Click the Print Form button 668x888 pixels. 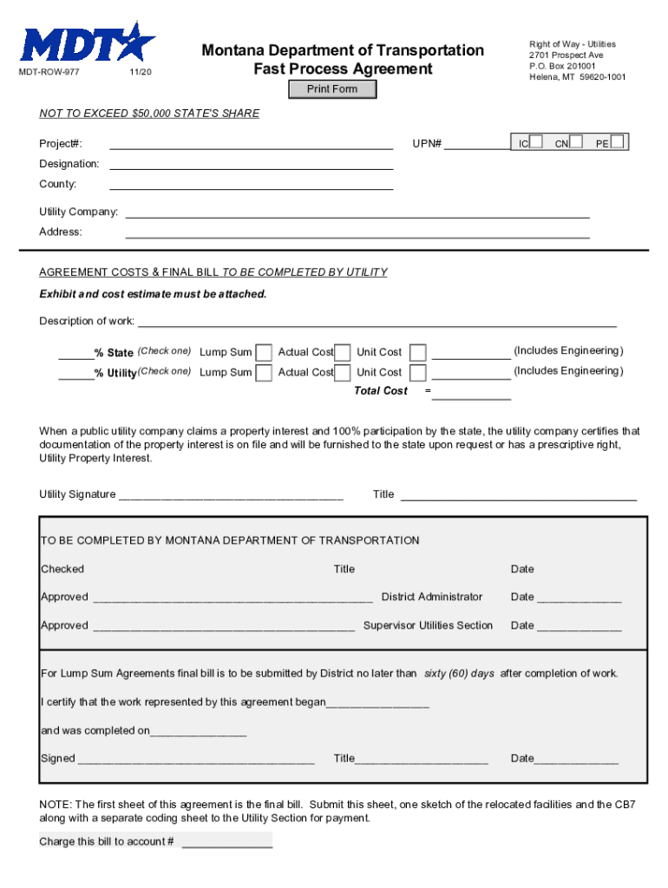point(332,89)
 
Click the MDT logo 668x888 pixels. point(88,42)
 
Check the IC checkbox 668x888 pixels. point(537,141)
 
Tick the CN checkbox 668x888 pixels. point(576,141)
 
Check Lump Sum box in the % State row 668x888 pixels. point(264,352)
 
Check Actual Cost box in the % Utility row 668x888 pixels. point(343,373)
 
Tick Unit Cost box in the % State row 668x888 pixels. point(418,352)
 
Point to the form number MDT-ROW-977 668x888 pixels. point(50,72)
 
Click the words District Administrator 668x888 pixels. point(431,597)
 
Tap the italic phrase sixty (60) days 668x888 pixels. point(458,674)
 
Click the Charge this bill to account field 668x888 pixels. point(226,840)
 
